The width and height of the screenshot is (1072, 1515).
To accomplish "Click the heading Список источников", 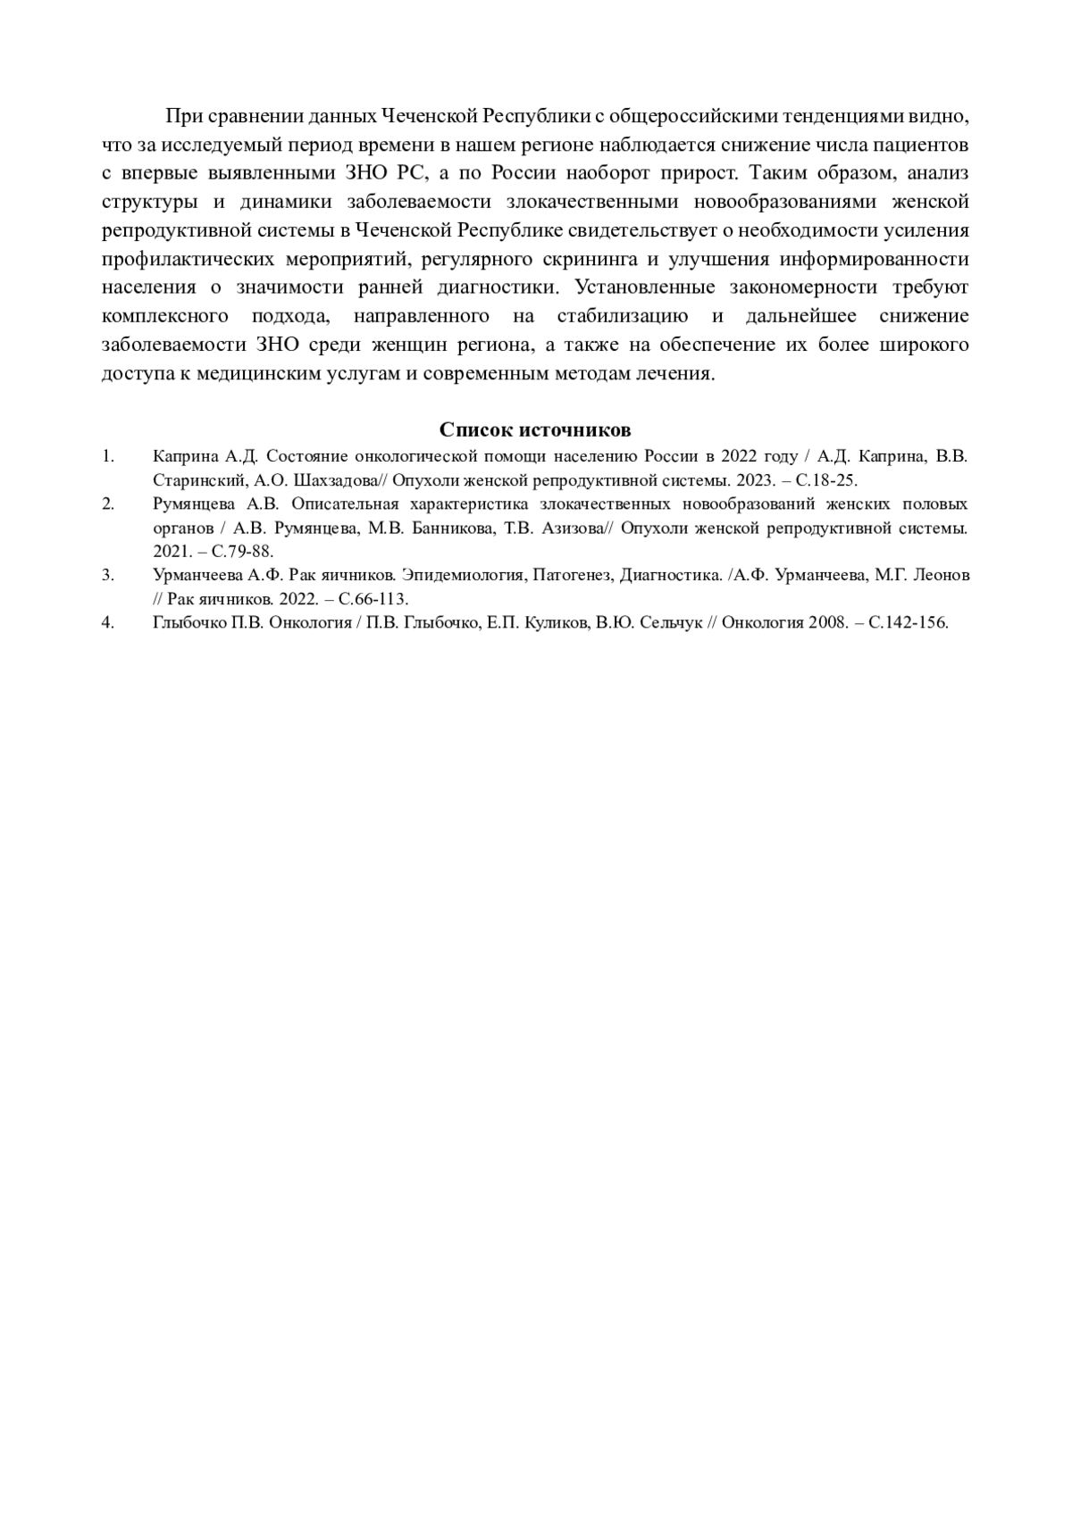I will [x=535, y=430].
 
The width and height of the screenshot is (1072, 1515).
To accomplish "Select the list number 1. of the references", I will [x=108, y=456].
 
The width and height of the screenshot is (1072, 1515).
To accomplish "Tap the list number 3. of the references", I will [x=108, y=575].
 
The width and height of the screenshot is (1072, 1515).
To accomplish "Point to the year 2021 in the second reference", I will [x=172, y=552].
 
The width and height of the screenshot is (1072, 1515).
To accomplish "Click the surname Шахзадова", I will [x=333, y=480].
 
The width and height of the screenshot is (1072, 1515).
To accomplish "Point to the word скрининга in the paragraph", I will [x=585, y=260].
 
